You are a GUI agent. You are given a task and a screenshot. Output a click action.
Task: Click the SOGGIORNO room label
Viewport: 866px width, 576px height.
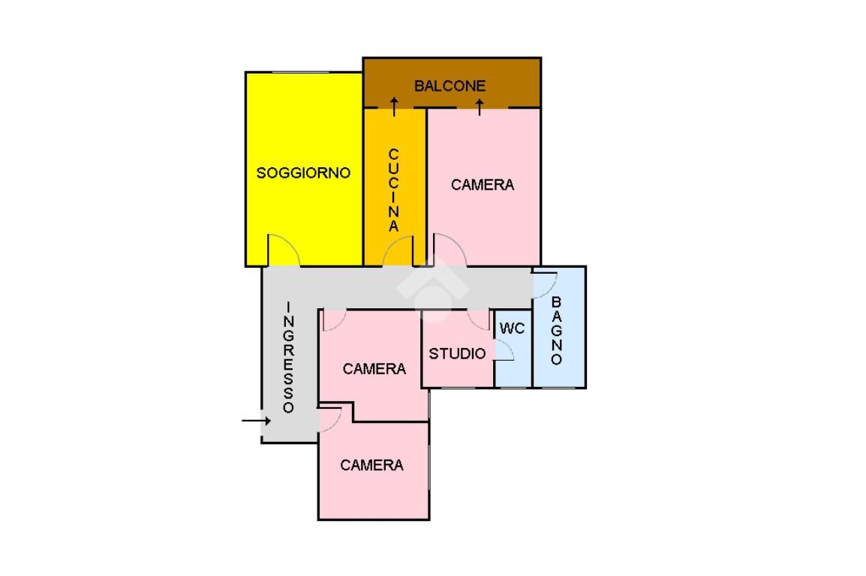pyautogui.click(x=303, y=172)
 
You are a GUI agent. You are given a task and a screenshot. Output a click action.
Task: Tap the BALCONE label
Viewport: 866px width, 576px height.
pyautogui.click(x=450, y=86)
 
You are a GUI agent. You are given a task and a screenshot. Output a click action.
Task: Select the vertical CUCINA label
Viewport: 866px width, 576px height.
pyautogui.click(x=394, y=190)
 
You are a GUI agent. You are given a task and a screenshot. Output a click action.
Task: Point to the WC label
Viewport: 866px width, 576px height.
pyautogui.click(x=512, y=328)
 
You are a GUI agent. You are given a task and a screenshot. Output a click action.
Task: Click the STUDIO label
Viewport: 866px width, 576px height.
pyautogui.click(x=457, y=353)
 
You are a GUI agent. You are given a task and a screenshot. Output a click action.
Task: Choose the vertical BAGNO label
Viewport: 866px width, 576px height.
pyautogui.click(x=556, y=331)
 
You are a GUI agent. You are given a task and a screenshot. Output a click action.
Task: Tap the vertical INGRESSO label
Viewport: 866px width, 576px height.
pyautogui.click(x=289, y=357)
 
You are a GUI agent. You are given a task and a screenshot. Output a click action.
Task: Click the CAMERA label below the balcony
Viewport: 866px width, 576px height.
pyautogui.click(x=483, y=184)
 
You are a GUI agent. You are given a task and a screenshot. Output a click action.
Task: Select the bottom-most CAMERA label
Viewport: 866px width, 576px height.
pyautogui.click(x=371, y=465)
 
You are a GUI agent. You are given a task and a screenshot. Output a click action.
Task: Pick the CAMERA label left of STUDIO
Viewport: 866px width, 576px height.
pyautogui.click(x=374, y=369)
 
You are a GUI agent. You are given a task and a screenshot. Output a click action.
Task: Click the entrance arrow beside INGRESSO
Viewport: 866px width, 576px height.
pyautogui.click(x=255, y=421)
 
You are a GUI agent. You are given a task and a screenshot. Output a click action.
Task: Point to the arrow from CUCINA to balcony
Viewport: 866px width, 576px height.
pyautogui.click(x=394, y=106)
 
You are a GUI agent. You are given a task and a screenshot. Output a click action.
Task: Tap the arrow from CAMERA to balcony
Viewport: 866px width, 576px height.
pyautogui.click(x=480, y=106)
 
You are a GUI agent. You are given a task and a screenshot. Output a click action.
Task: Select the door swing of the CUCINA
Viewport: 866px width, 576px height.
pyautogui.click(x=398, y=251)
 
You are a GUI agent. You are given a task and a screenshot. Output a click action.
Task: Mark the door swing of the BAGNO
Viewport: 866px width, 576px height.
pyautogui.click(x=545, y=283)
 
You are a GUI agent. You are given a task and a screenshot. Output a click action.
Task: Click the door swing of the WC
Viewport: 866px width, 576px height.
pyautogui.click(x=504, y=352)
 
